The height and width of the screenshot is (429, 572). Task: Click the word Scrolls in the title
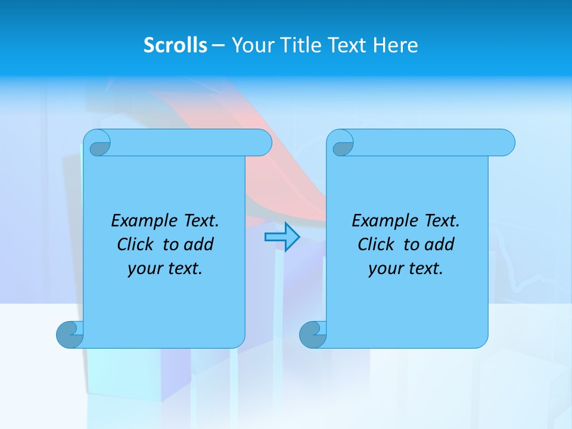[x=175, y=45]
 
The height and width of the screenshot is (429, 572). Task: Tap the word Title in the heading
[x=301, y=45]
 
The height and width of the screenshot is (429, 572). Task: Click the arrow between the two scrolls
[x=282, y=237]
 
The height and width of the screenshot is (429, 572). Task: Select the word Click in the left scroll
[x=135, y=244]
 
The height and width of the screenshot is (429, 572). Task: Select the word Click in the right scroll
[x=375, y=244]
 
